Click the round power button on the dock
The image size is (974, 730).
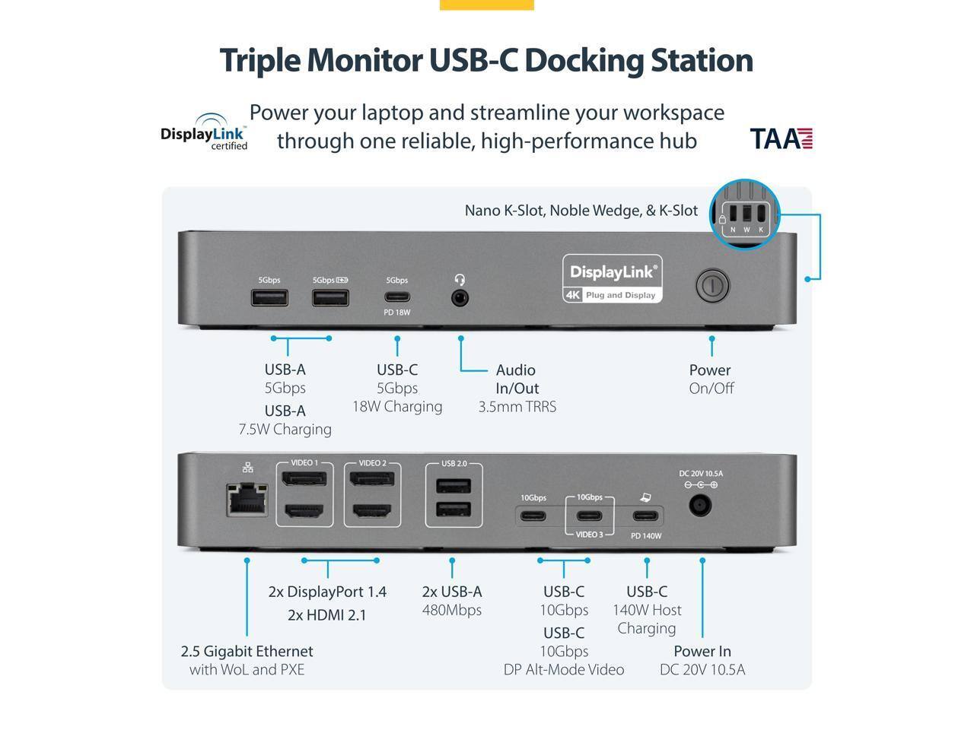coord(712,286)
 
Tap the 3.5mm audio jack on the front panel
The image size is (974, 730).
coord(460,298)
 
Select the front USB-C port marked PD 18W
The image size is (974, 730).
coord(397,297)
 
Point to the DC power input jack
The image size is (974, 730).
coord(700,506)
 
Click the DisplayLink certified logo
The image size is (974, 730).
coord(205,132)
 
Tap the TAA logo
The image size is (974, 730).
coord(781,138)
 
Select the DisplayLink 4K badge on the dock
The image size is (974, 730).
coord(613,278)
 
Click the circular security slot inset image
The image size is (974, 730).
coord(745,214)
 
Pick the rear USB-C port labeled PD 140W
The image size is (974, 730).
coord(646,516)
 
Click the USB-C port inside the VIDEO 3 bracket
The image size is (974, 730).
coord(589,516)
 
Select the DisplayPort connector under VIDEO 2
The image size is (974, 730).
coord(372,479)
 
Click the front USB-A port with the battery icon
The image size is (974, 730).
coord(330,297)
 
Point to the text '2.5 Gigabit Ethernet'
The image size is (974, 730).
coord(247,651)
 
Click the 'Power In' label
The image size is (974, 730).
coord(702,651)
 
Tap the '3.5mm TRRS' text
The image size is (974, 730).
coord(517,407)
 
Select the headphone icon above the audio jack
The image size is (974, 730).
coord(460,280)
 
